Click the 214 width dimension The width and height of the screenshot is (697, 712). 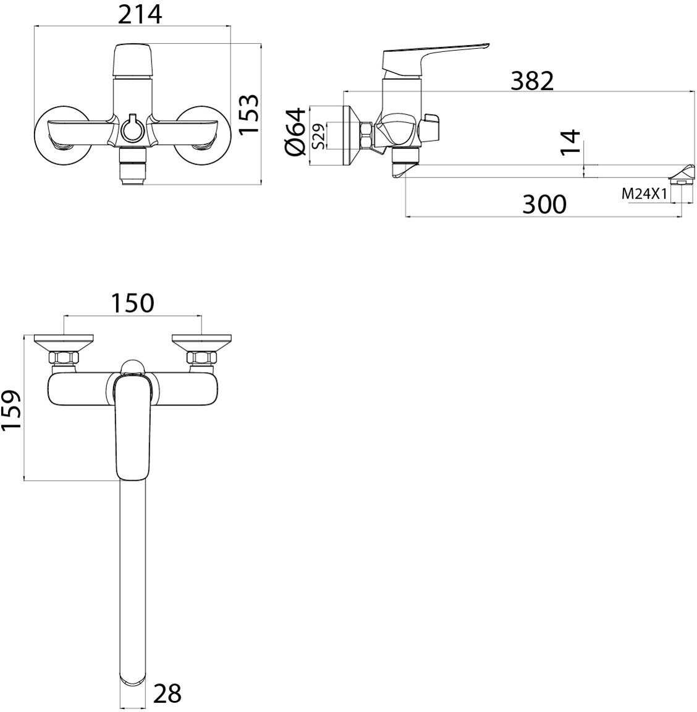pyautogui.click(x=140, y=14)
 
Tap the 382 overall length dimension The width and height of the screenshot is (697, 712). pyautogui.click(x=532, y=81)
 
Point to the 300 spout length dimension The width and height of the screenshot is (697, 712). pyautogui.click(x=544, y=204)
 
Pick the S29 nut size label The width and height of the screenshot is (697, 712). pyautogui.click(x=319, y=136)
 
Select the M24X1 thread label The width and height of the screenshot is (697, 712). pyautogui.click(x=644, y=194)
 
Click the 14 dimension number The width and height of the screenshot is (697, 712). pyautogui.click(x=570, y=142)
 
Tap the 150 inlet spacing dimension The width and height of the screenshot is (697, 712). pyautogui.click(x=132, y=303)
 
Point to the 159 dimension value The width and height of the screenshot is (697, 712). pyautogui.click(x=11, y=409)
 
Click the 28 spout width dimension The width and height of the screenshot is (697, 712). pyautogui.click(x=167, y=693)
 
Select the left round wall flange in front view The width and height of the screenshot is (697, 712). pyautogui.click(x=61, y=136)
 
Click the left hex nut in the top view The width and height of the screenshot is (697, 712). pyautogui.click(x=64, y=357)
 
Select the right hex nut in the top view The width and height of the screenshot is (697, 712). pyautogui.click(x=201, y=357)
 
